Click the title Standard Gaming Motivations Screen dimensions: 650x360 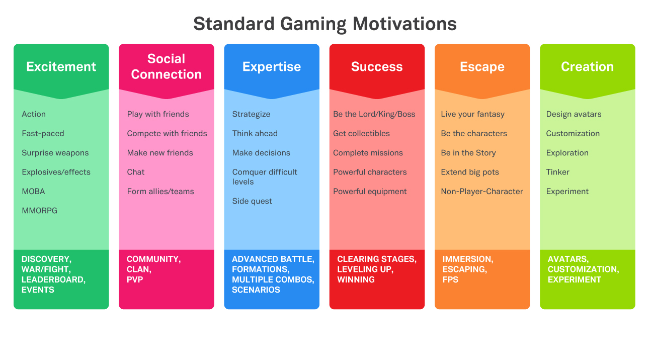tap(325, 24)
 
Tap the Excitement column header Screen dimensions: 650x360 tap(61, 67)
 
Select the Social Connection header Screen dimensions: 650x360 tap(166, 67)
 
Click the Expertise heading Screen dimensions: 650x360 tap(272, 67)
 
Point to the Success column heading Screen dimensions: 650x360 tap(377, 67)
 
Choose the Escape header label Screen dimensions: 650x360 tap(482, 67)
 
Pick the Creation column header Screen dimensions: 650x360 tap(587, 67)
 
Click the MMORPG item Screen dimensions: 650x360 tap(39, 211)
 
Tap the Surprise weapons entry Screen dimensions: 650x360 tap(55, 153)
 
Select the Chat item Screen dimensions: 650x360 tap(135, 172)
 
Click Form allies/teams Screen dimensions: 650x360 tap(160, 192)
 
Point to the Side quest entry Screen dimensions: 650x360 tap(252, 201)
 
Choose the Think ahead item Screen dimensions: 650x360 tap(255, 133)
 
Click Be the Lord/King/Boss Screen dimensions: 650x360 tap(374, 114)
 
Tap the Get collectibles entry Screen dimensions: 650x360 tap(361, 133)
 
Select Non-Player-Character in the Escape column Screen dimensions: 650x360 tap(482, 192)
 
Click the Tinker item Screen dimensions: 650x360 tap(558, 172)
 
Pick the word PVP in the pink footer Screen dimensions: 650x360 tap(135, 280)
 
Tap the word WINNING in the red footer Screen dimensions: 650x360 tap(356, 280)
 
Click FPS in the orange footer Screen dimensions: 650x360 tap(450, 280)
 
